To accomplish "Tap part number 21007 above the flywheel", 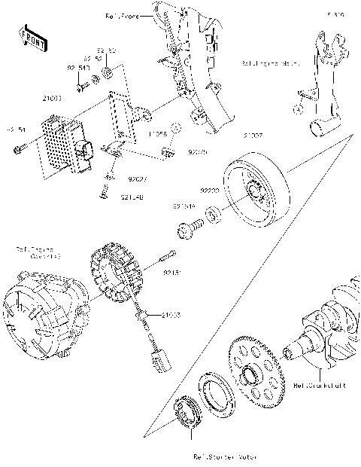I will (252, 136).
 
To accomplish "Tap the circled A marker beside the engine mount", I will (299, 108).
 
